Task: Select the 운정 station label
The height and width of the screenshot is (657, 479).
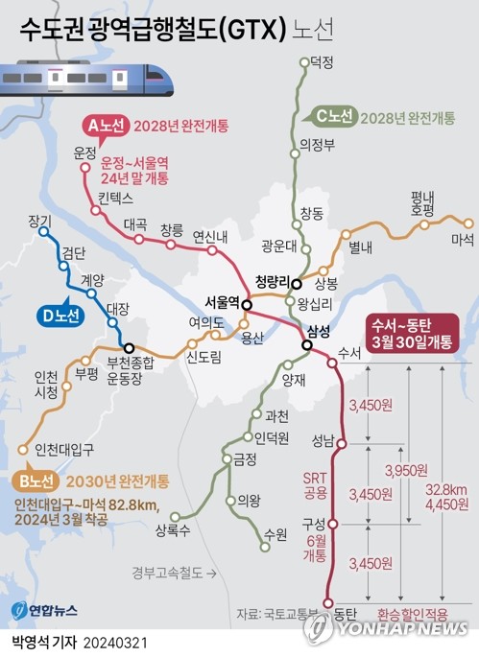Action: [85, 153]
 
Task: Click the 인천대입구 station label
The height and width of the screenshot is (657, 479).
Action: [62, 448]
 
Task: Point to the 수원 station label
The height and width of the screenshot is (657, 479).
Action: [275, 531]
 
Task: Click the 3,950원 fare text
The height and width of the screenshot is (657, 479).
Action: [404, 471]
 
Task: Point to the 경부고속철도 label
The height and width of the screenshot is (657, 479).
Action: [171, 574]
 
